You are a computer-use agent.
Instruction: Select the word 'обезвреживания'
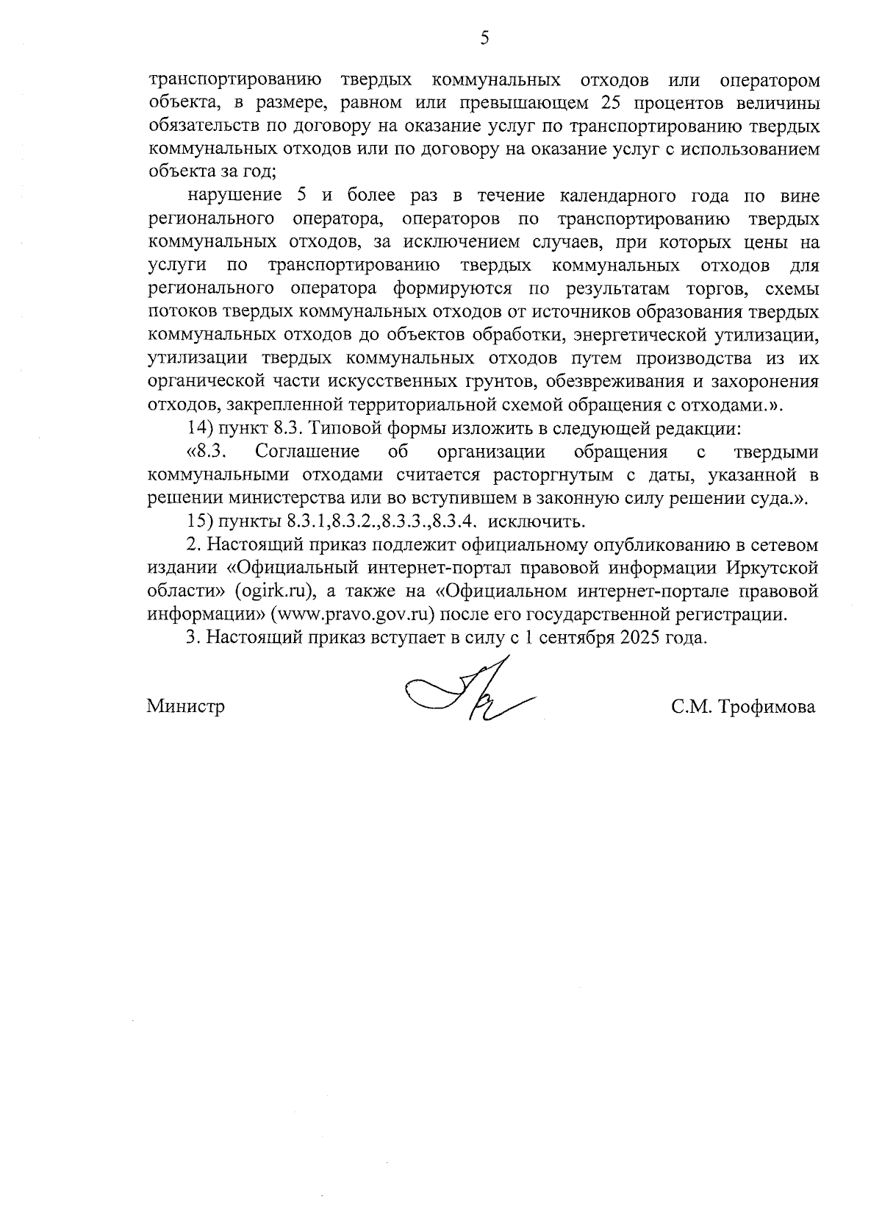(x=630, y=381)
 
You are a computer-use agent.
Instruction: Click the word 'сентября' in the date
(x=574, y=638)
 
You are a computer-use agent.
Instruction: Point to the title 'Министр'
(x=186, y=708)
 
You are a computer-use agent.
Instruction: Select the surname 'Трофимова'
(x=768, y=708)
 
